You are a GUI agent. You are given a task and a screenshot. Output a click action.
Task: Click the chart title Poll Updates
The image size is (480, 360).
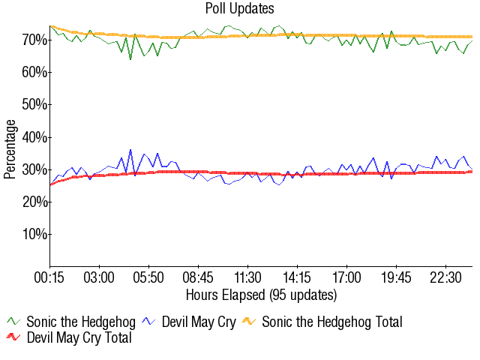(x=239, y=9)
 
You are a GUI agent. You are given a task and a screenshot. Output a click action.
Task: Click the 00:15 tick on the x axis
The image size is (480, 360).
(x=49, y=277)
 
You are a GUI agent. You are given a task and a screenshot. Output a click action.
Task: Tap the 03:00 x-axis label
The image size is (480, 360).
(x=99, y=277)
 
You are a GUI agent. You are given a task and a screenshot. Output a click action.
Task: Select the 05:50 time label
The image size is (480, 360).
(x=148, y=277)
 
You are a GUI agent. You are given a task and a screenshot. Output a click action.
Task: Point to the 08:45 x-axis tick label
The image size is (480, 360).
(x=198, y=277)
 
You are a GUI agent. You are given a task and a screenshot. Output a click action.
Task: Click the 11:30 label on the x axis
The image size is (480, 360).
(x=247, y=277)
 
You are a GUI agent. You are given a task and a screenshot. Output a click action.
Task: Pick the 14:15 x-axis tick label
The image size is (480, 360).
(x=297, y=277)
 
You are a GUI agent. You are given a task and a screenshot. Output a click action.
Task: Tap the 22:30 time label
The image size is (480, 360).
(x=445, y=277)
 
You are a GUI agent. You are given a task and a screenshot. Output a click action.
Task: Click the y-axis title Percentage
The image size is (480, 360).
(x=10, y=148)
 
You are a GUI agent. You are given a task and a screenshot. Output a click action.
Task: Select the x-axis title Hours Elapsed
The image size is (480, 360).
(x=261, y=294)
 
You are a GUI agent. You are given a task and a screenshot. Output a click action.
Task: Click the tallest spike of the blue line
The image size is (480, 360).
(x=130, y=150)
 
